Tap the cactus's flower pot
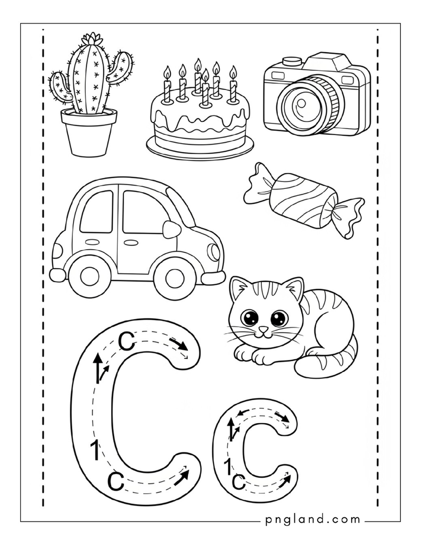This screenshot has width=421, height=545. point(89,132)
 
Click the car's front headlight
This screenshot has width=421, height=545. point(212,252)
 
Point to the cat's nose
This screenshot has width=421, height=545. point(264,329)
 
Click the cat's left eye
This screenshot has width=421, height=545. point(250,318)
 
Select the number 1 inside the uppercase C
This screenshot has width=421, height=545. point(94,450)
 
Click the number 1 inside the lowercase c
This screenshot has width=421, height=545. point(228,466)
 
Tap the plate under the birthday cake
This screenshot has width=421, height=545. point(200,147)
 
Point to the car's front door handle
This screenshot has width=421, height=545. point(131,241)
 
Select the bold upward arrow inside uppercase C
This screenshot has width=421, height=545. point(98,368)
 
